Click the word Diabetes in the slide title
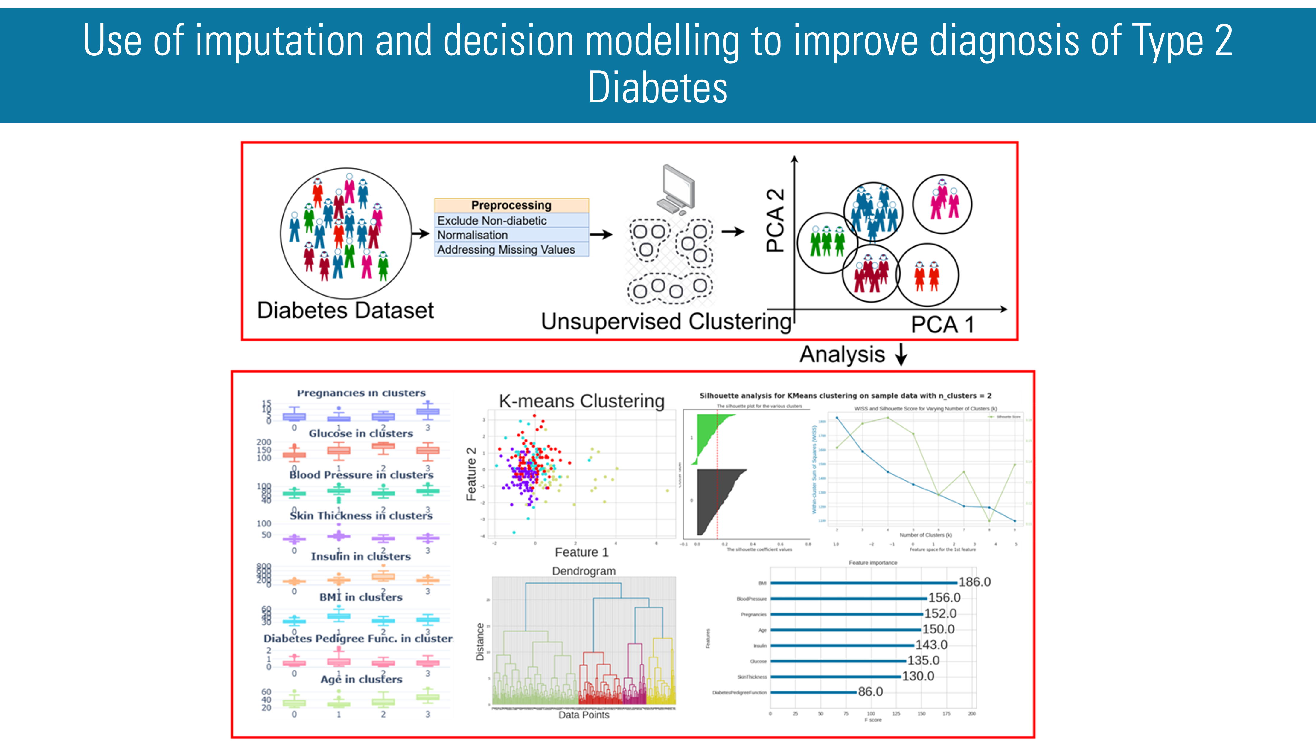[x=658, y=87]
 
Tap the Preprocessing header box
[x=511, y=205]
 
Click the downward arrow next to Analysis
[x=901, y=355]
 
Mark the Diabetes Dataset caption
[x=345, y=310]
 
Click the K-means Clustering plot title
[x=582, y=401]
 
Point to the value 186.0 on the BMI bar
[x=974, y=582]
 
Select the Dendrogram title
[x=584, y=571]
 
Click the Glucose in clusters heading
[x=361, y=433]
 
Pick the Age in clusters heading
[x=361, y=679]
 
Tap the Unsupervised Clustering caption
[x=666, y=322]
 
